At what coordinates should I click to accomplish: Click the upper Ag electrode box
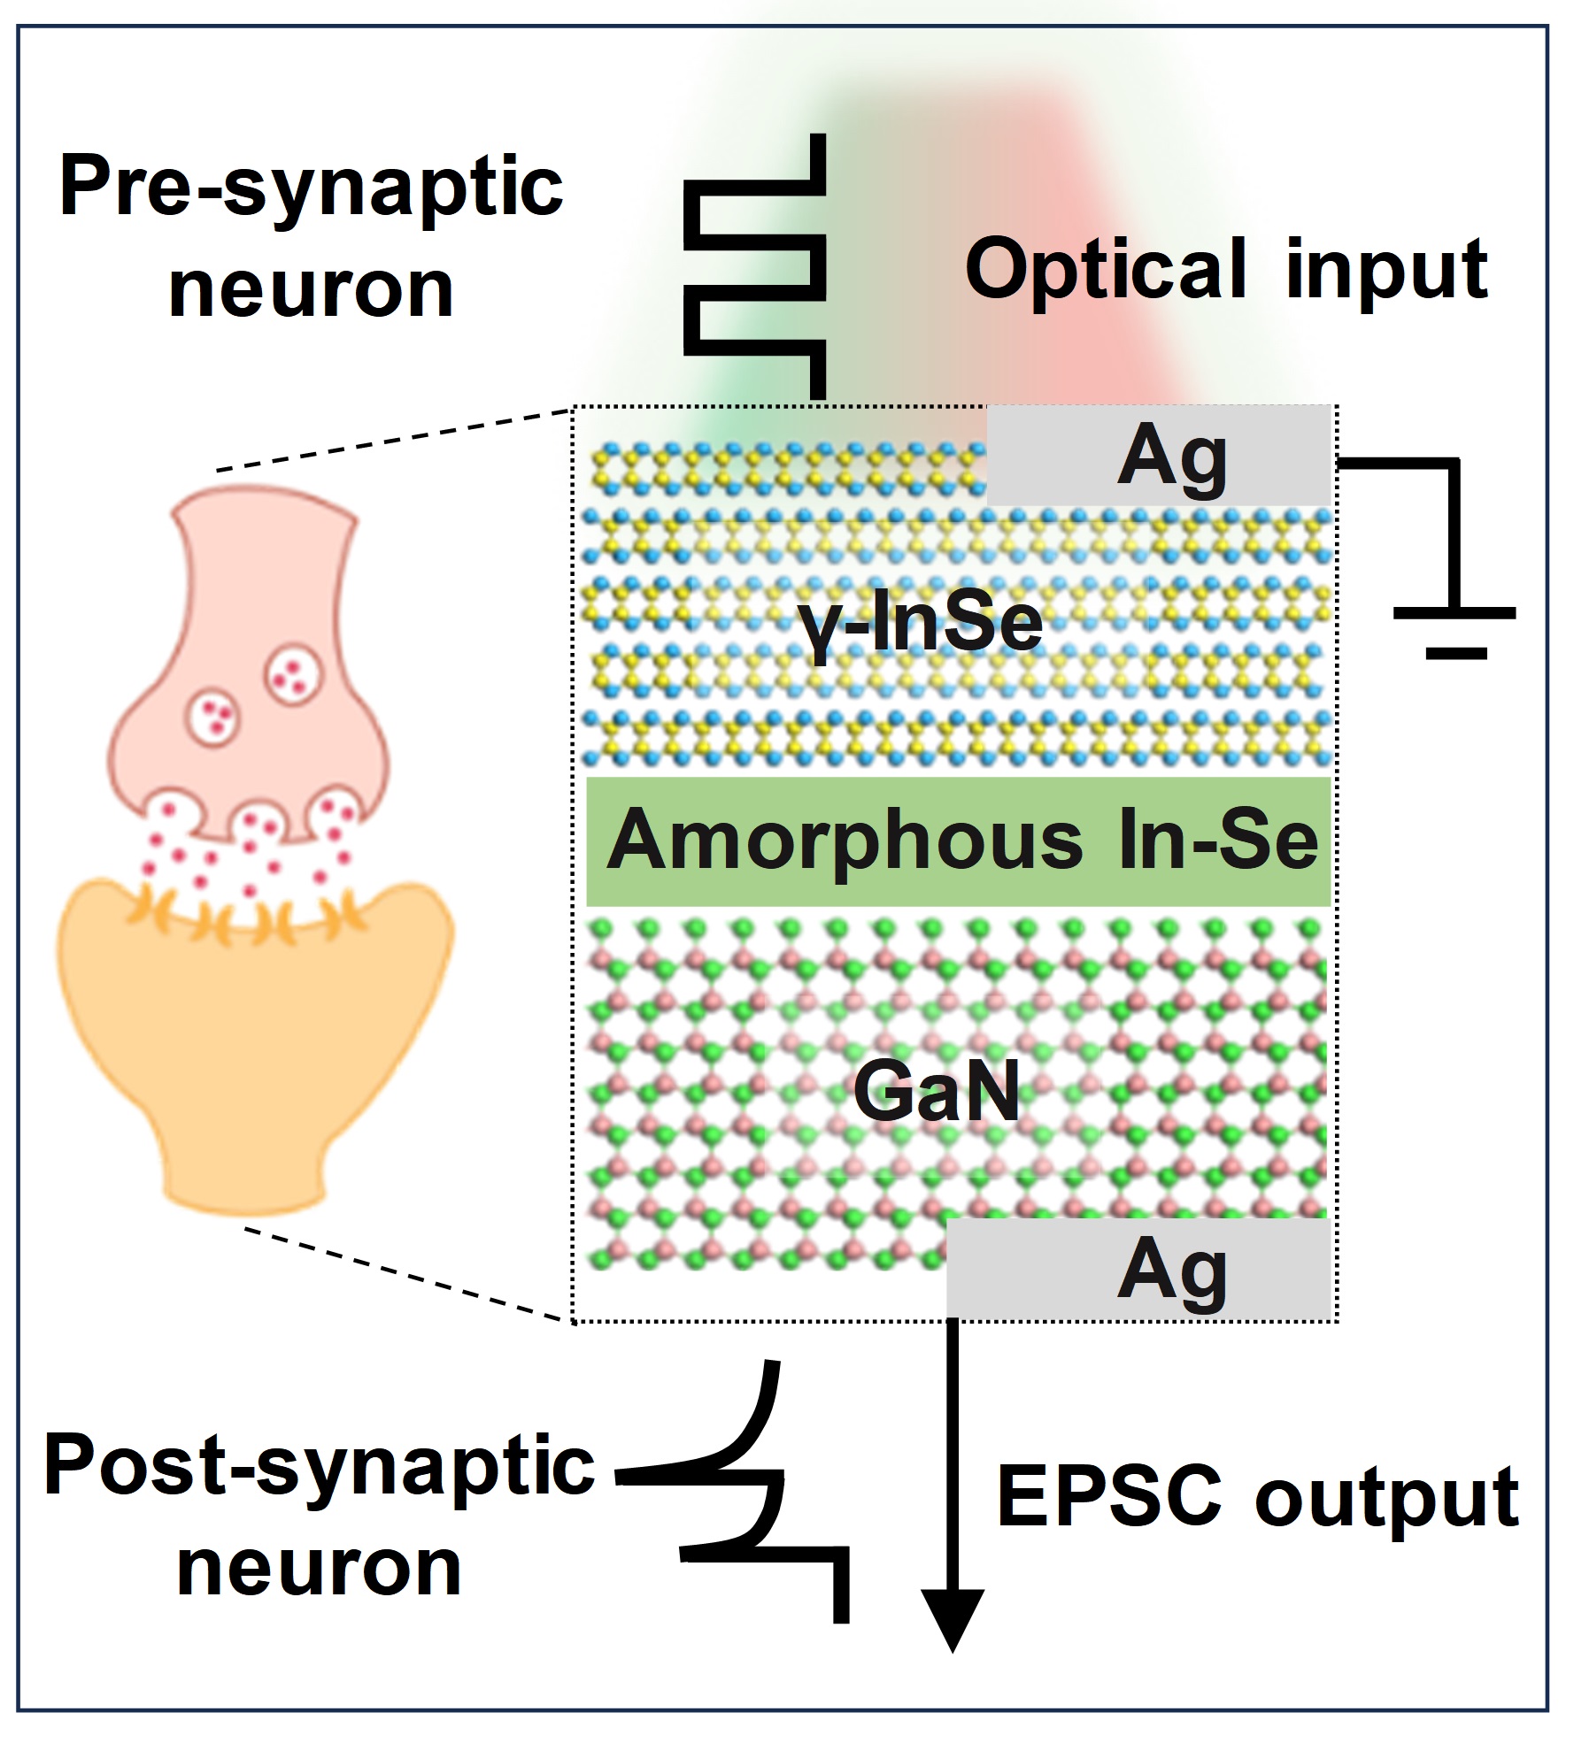click(x=1160, y=457)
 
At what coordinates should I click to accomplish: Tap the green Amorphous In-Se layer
click(x=960, y=841)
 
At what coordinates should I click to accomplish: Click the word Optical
click(x=1106, y=270)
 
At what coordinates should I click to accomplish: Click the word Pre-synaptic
click(x=311, y=188)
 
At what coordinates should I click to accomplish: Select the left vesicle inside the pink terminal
click(x=213, y=717)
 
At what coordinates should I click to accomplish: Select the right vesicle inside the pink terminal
click(x=293, y=675)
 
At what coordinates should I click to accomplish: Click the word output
click(x=1386, y=1498)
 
